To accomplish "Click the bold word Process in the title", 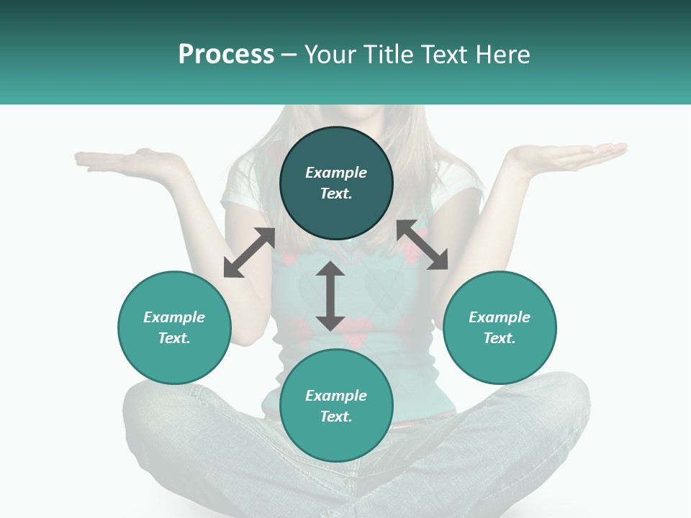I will click(226, 55).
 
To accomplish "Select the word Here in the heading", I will click(502, 55).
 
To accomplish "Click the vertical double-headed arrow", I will click(330, 296).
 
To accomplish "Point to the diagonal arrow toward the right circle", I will click(422, 245).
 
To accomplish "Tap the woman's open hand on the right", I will click(569, 154).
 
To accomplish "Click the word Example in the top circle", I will click(336, 173).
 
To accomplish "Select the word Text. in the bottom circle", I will click(336, 417).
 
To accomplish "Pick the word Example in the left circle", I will click(174, 317).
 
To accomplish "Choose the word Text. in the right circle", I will click(500, 338).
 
